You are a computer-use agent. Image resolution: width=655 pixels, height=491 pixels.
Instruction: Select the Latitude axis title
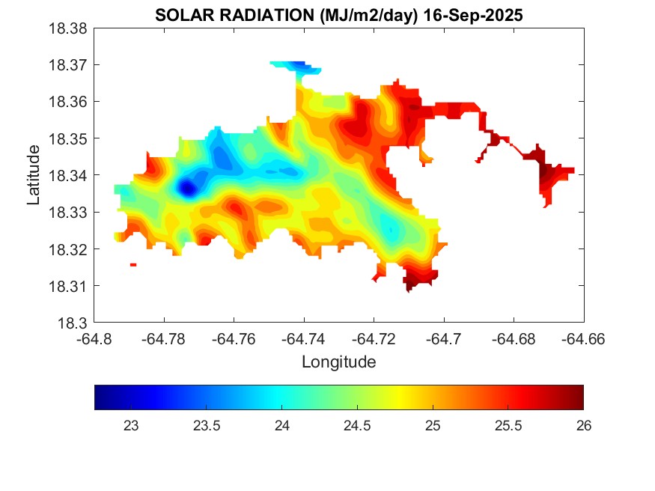tap(34, 175)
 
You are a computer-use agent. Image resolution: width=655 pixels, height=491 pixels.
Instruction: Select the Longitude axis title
tap(338, 362)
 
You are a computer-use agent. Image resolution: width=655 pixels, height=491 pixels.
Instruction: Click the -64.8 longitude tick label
tap(95, 339)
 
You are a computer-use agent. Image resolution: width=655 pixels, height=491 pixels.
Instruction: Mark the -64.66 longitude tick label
tap(583, 339)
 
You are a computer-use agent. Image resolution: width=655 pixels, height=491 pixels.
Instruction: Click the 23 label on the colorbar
tap(130, 426)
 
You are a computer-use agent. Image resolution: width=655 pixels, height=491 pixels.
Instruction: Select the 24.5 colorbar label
tap(356, 426)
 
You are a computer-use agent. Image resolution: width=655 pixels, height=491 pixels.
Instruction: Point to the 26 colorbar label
tap(583, 426)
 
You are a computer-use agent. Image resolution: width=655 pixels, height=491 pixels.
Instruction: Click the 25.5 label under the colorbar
tap(508, 426)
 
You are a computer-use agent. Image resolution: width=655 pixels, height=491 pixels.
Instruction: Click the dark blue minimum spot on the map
tap(186, 188)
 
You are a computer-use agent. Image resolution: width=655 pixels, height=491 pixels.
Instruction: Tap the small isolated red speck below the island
tap(133, 264)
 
